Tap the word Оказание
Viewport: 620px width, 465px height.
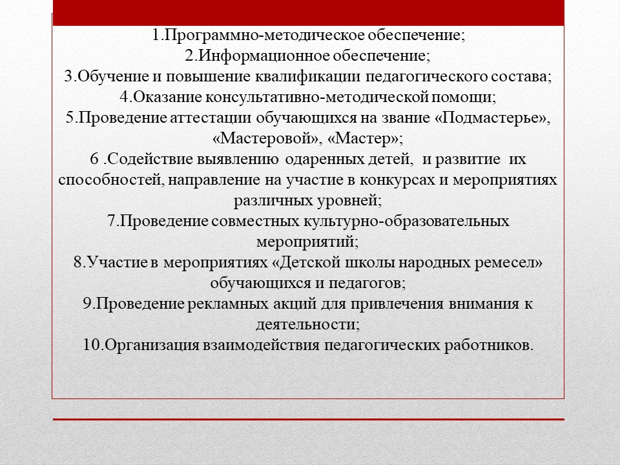pyautogui.click(x=168, y=97)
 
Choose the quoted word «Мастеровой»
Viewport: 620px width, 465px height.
pyautogui.click(x=265, y=138)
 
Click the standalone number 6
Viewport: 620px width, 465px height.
pyautogui.click(x=94, y=159)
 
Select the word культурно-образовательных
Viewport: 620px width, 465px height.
pyautogui.click(x=406, y=221)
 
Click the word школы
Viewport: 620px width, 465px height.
pyautogui.click(x=371, y=263)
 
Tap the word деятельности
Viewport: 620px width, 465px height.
pyautogui.click(x=305, y=325)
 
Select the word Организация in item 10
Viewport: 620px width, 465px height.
pyautogui.click(x=152, y=345)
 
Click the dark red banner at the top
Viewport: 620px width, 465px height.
pyautogui.click(x=309, y=13)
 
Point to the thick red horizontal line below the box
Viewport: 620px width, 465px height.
pyautogui.click(x=309, y=419)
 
